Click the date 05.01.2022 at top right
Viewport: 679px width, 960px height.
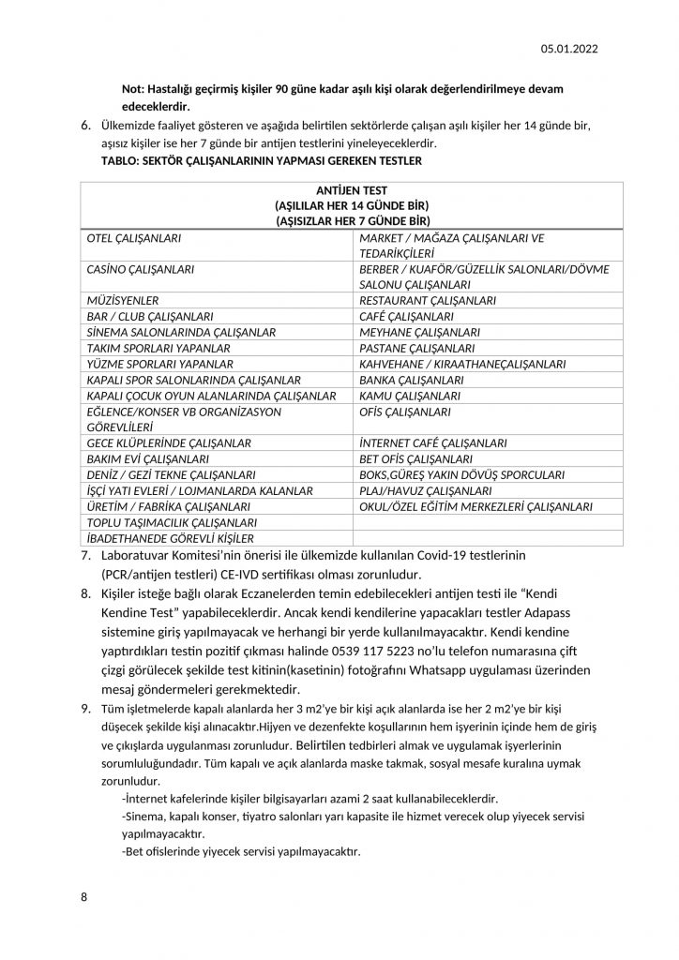(x=569, y=49)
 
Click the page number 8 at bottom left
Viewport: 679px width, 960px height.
(x=84, y=897)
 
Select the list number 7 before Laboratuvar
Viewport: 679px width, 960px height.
(x=87, y=557)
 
